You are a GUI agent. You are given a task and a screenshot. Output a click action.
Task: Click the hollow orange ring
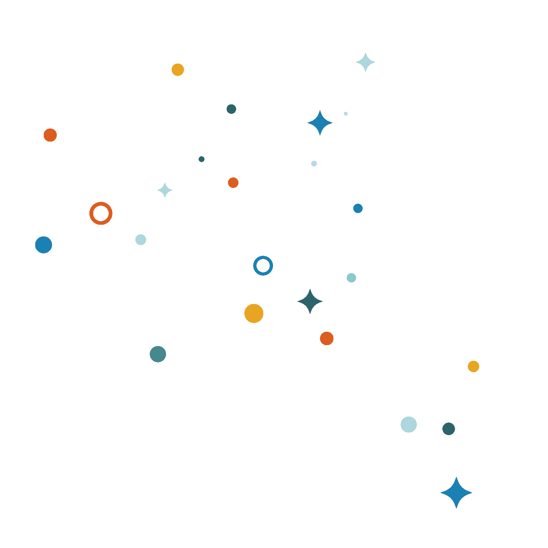(x=101, y=213)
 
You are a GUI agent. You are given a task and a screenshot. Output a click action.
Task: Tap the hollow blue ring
(x=263, y=266)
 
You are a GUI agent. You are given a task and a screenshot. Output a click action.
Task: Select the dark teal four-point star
(x=310, y=301)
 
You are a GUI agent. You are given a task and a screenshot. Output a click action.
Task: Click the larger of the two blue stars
(x=456, y=493)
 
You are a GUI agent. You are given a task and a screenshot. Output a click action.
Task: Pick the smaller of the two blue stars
(x=320, y=123)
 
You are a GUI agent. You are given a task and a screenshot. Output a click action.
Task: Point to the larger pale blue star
(x=365, y=62)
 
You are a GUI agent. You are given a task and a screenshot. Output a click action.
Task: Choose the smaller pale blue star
(x=165, y=190)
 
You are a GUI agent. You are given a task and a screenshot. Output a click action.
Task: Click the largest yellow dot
(x=254, y=313)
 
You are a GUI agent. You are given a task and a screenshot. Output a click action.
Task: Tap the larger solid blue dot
(x=44, y=245)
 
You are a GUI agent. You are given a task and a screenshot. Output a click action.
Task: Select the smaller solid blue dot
(x=358, y=208)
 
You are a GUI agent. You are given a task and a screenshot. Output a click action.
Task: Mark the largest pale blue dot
(x=409, y=424)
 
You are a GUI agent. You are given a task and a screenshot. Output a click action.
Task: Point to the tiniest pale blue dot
(x=346, y=114)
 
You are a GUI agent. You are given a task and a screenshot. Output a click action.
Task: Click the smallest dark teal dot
(x=202, y=159)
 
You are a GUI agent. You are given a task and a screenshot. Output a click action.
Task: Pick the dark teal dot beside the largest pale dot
(x=449, y=429)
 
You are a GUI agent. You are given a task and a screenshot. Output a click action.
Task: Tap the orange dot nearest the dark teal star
(x=327, y=338)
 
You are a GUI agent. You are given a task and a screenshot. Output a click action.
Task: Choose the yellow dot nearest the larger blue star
(x=473, y=366)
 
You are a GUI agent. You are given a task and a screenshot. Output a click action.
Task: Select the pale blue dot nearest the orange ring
(x=141, y=239)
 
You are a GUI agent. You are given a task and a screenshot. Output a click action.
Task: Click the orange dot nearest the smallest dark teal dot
(x=233, y=183)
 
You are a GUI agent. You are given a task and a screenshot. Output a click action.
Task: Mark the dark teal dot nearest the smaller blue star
(x=231, y=109)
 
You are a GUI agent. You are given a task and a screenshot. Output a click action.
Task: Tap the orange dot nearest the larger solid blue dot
(x=50, y=135)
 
